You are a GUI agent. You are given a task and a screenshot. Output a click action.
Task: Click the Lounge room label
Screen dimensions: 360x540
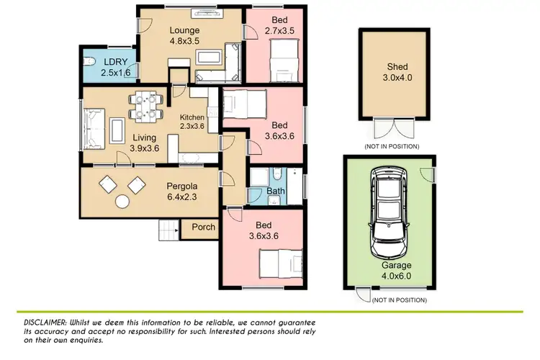tap(184, 30)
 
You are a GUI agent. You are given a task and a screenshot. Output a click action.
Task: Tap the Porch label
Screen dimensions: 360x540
tap(203, 228)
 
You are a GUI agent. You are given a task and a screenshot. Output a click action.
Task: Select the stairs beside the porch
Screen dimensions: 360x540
tap(167, 230)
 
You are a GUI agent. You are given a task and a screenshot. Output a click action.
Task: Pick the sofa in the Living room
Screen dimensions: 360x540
tap(92, 127)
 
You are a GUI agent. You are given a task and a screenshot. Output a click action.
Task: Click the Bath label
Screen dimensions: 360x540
tap(276, 192)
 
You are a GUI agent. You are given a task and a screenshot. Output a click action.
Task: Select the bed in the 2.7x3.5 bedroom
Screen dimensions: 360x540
tap(282, 60)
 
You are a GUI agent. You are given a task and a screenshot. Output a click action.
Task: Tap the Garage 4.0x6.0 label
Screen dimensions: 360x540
tap(397, 270)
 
